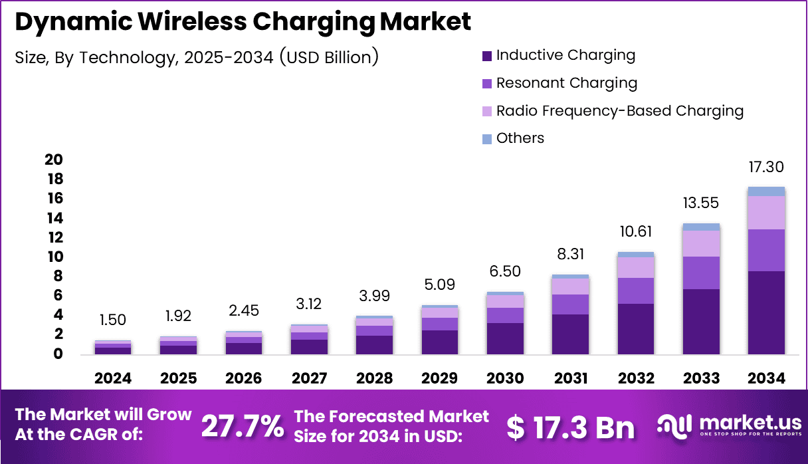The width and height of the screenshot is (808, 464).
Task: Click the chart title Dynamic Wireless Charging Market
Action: click(243, 22)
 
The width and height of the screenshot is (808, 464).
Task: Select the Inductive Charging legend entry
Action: click(565, 55)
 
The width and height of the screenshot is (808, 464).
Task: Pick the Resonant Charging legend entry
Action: click(566, 83)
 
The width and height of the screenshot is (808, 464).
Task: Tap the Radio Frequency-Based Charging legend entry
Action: click(619, 110)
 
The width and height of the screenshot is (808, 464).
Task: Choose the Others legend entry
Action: click(520, 138)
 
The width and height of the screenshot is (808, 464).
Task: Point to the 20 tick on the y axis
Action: click(53, 160)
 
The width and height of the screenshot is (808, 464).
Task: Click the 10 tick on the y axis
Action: click(53, 257)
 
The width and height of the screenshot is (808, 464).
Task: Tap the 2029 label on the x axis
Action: click(439, 378)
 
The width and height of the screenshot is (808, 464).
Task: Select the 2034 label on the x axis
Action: click(766, 378)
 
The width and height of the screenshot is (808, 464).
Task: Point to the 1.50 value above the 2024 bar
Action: click(113, 320)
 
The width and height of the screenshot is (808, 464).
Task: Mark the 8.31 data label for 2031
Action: click(570, 253)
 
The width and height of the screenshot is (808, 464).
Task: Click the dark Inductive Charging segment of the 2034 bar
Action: click(766, 312)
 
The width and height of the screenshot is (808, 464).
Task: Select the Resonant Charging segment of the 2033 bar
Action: click(701, 273)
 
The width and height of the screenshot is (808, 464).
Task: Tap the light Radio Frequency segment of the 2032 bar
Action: click(636, 267)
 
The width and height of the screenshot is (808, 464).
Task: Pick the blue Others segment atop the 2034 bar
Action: click(766, 191)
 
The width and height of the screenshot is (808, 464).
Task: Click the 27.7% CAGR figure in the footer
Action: click(242, 426)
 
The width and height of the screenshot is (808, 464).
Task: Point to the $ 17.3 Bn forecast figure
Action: click(570, 427)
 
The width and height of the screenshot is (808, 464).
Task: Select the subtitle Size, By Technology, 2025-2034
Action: click(197, 57)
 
